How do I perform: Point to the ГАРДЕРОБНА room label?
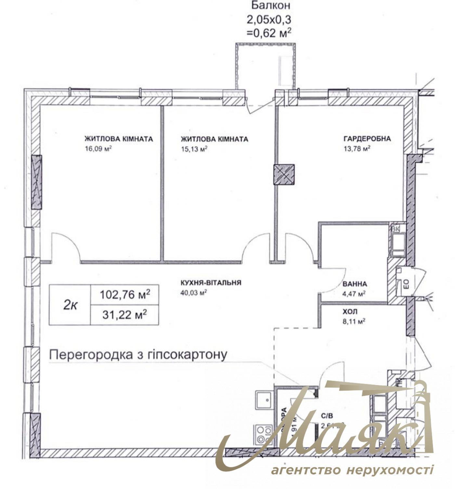tap(367, 139)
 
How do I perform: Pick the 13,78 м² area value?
tap(357, 149)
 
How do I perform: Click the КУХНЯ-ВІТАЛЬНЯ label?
tap(211, 283)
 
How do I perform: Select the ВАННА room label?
tap(355, 284)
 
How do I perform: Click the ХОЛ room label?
tap(350, 312)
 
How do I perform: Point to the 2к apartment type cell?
tap(70, 305)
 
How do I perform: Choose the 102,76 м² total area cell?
tap(125, 295)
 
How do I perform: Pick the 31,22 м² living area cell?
tap(125, 315)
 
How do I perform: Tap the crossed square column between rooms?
tap(284, 175)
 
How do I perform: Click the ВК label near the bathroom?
tap(396, 229)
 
